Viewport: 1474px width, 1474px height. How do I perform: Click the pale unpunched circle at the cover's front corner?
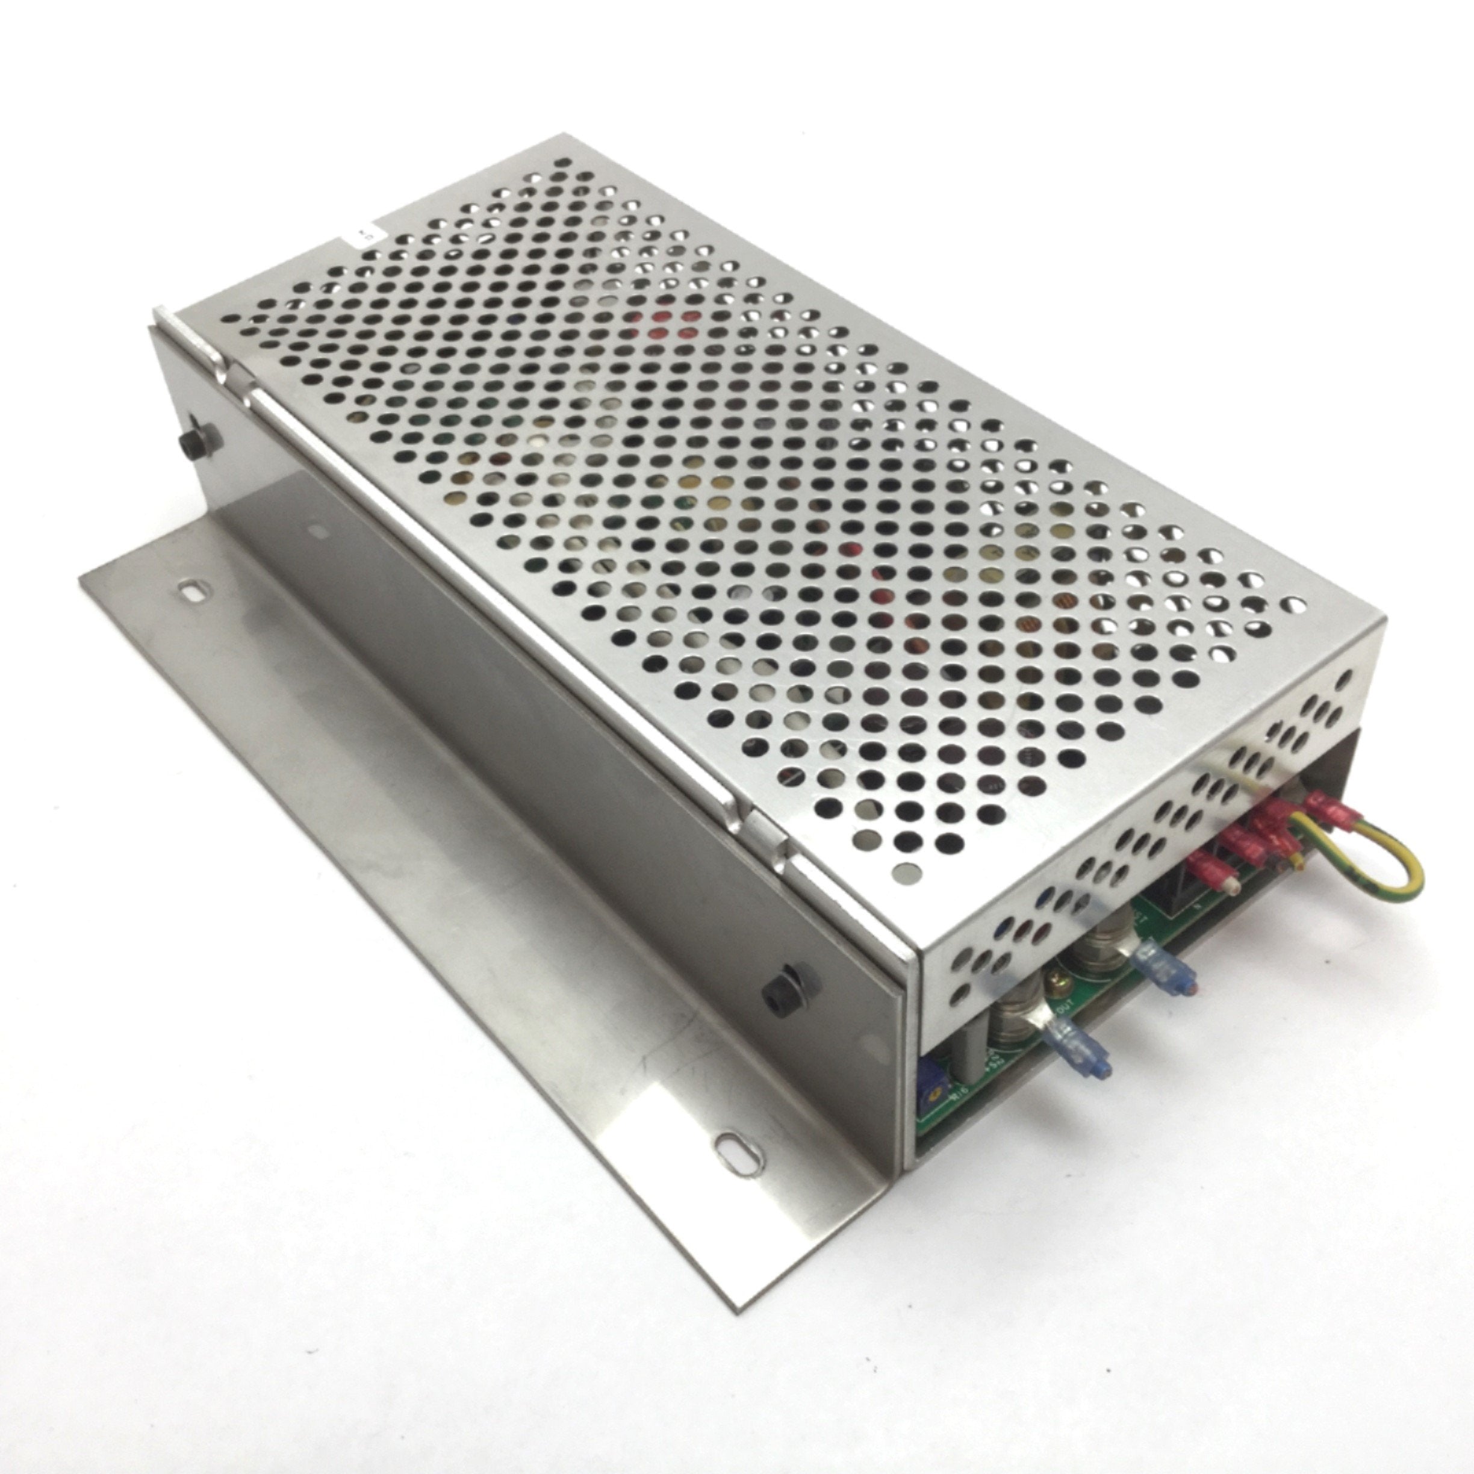click(x=906, y=869)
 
